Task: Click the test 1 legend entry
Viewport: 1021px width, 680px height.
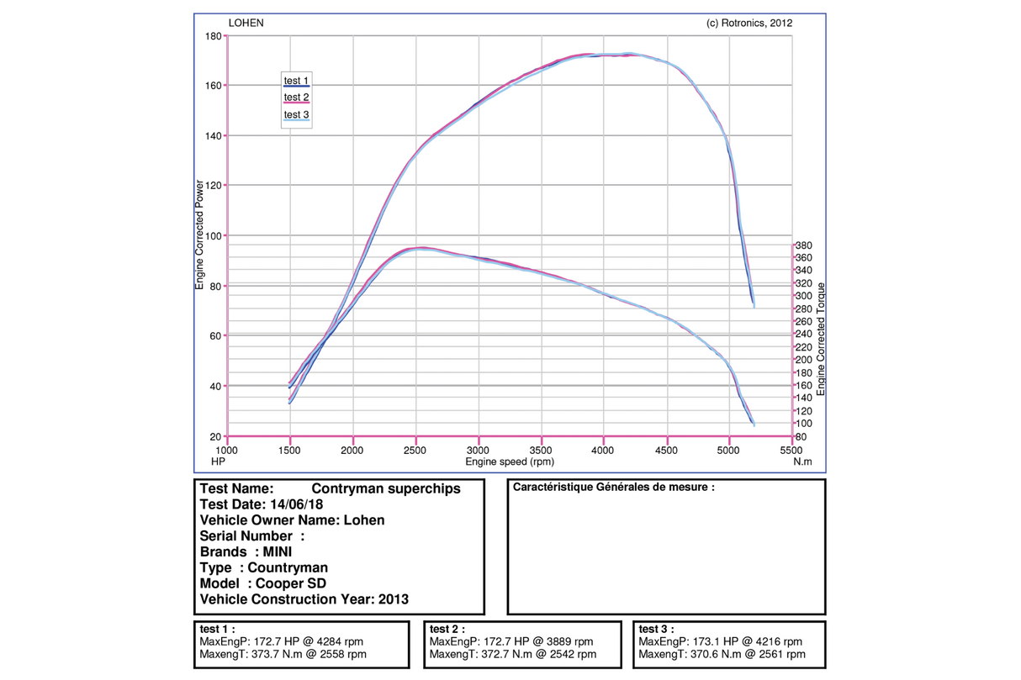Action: [x=297, y=82]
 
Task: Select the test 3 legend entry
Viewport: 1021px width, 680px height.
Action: [x=297, y=115]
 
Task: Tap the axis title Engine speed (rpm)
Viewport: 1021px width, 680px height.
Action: [x=510, y=461]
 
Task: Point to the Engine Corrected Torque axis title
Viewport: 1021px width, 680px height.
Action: [x=822, y=340]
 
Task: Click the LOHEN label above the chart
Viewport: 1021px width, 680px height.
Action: [x=246, y=24]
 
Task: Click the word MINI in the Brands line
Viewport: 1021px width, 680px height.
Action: [x=278, y=552]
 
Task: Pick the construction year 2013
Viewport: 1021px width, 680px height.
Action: [x=394, y=599]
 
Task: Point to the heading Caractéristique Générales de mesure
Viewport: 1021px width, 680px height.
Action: [x=614, y=487]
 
